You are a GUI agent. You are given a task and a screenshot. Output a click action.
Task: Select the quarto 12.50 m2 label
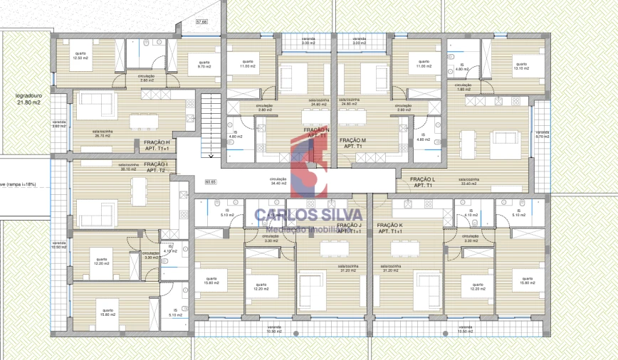(x=79, y=55)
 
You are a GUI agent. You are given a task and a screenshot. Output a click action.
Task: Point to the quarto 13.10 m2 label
(x=521, y=65)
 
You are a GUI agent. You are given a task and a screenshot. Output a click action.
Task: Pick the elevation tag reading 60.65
(x=211, y=182)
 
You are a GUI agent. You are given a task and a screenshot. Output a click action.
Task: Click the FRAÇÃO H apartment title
(x=157, y=146)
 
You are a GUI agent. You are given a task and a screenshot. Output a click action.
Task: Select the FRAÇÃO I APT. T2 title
(x=156, y=167)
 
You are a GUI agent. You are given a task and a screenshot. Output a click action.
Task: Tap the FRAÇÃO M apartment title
(x=352, y=144)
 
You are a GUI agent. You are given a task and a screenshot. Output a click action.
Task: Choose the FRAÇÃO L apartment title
(x=422, y=182)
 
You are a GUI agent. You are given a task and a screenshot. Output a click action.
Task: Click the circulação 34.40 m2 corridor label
(x=278, y=181)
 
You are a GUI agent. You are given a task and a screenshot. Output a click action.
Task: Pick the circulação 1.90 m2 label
(x=464, y=87)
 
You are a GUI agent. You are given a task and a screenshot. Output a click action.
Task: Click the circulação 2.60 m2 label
(x=147, y=79)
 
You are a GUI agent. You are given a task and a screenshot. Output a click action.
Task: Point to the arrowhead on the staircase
(x=211, y=154)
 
